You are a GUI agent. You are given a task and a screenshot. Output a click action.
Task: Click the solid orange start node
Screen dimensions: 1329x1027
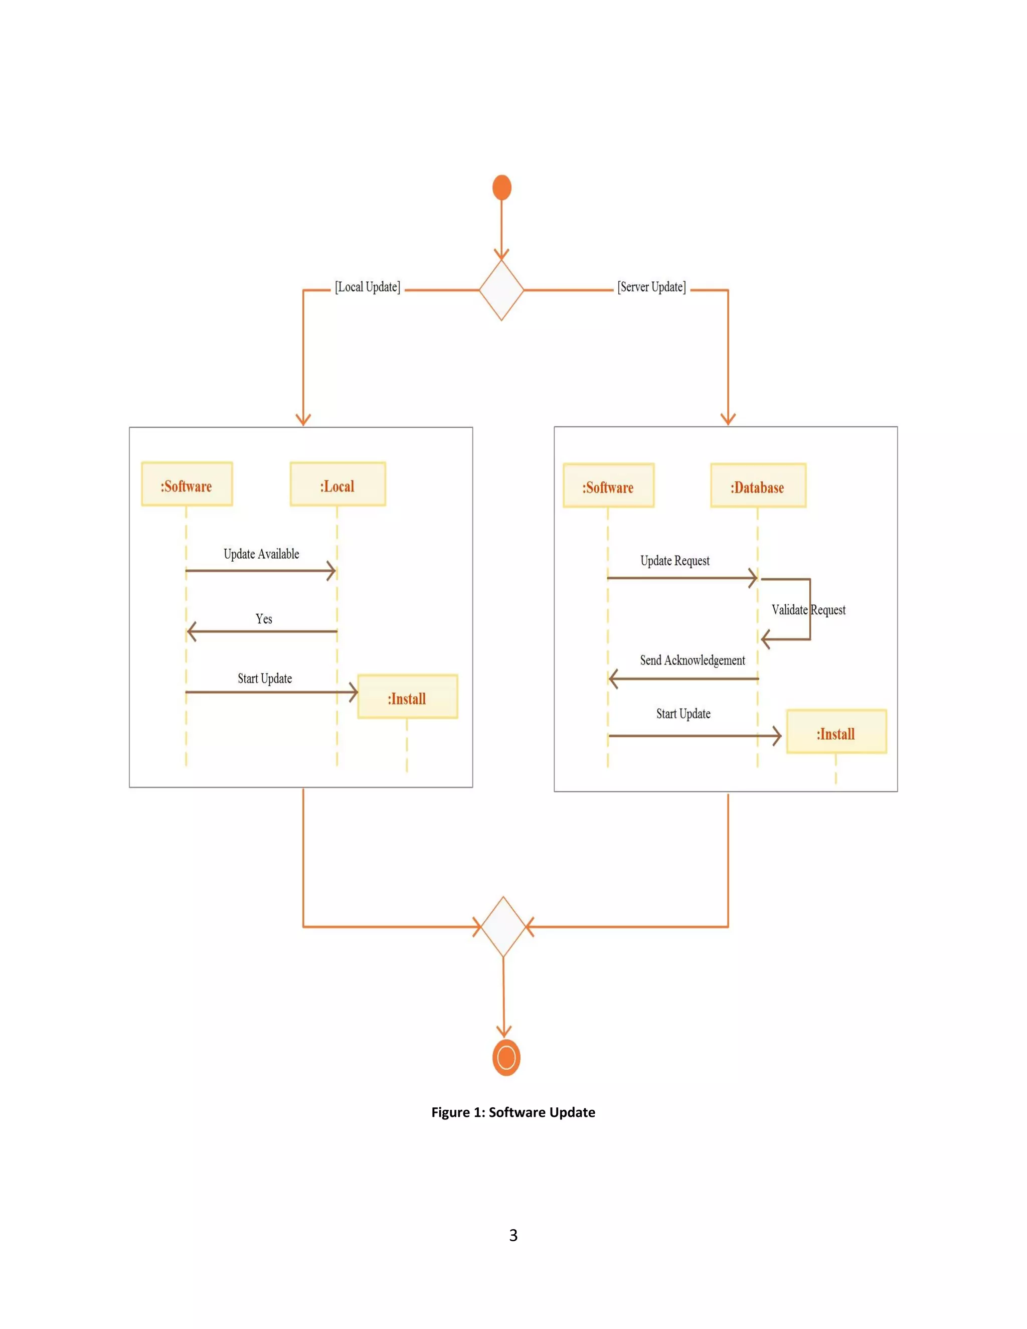coord(501,188)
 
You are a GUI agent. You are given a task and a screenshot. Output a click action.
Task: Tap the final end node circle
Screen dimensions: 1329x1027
coord(506,1058)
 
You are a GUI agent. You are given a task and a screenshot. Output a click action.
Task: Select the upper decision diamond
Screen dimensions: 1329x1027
coord(501,290)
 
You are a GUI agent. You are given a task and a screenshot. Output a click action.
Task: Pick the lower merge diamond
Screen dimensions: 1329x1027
coord(503,927)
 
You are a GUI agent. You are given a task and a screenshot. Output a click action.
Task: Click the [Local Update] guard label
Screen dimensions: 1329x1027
coord(368,287)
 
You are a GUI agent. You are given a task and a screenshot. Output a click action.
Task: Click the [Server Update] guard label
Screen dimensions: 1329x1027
coord(651,287)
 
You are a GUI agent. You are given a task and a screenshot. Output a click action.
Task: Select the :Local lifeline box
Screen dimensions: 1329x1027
coord(337,484)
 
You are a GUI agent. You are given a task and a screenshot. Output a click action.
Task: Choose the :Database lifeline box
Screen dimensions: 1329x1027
coord(758,485)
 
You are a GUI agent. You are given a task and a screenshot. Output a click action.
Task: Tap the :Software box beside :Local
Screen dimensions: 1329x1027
coord(187,484)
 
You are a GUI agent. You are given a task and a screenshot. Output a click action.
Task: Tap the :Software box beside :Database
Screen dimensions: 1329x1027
coord(608,485)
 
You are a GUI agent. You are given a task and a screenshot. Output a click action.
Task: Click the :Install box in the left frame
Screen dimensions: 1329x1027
coord(408,697)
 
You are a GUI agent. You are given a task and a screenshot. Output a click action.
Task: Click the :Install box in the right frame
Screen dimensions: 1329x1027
coord(836,732)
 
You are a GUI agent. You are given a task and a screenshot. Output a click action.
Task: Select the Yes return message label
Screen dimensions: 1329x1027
coord(263,619)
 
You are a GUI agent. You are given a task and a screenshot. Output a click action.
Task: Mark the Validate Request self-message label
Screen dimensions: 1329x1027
coord(808,610)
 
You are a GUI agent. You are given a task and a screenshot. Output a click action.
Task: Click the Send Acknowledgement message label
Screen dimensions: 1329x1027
coord(693,661)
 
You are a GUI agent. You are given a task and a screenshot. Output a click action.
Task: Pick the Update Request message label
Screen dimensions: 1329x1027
coord(675,561)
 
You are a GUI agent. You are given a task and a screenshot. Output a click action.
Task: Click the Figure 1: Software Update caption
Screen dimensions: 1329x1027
coord(513,1112)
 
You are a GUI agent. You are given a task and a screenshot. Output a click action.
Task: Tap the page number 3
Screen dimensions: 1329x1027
coord(513,1235)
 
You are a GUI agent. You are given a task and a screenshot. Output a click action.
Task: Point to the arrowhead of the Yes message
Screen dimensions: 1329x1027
coord(191,631)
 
